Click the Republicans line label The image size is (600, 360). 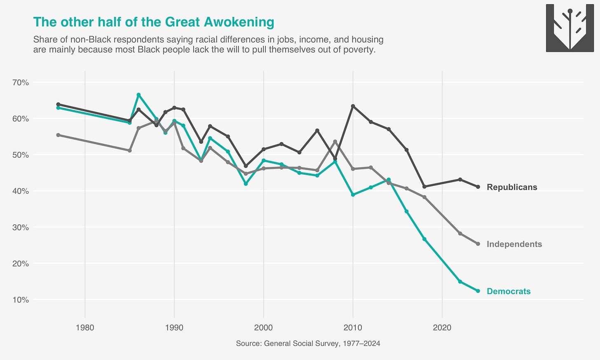(512, 187)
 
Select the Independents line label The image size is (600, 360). (514, 244)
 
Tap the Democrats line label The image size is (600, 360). (509, 291)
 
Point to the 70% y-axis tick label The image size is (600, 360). (21, 82)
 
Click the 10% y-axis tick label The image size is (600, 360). (21, 300)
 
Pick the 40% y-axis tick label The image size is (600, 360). (21, 191)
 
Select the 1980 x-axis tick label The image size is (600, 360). (85, 327)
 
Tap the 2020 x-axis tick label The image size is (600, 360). (442, 327)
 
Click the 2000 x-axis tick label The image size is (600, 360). (263, 327)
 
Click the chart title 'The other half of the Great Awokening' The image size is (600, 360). (153, 22)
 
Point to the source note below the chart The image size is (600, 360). (308, 344)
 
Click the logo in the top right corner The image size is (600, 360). (570, 28)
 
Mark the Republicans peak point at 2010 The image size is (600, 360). (353, 106)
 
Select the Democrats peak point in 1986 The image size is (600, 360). (138, 95)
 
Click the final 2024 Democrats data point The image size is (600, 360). (478, 291)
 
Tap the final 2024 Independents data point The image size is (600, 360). (478, 244)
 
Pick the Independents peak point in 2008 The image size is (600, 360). (335, 141)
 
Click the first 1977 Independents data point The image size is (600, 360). (58, 135)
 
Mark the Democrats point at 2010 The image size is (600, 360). (353, 194)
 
